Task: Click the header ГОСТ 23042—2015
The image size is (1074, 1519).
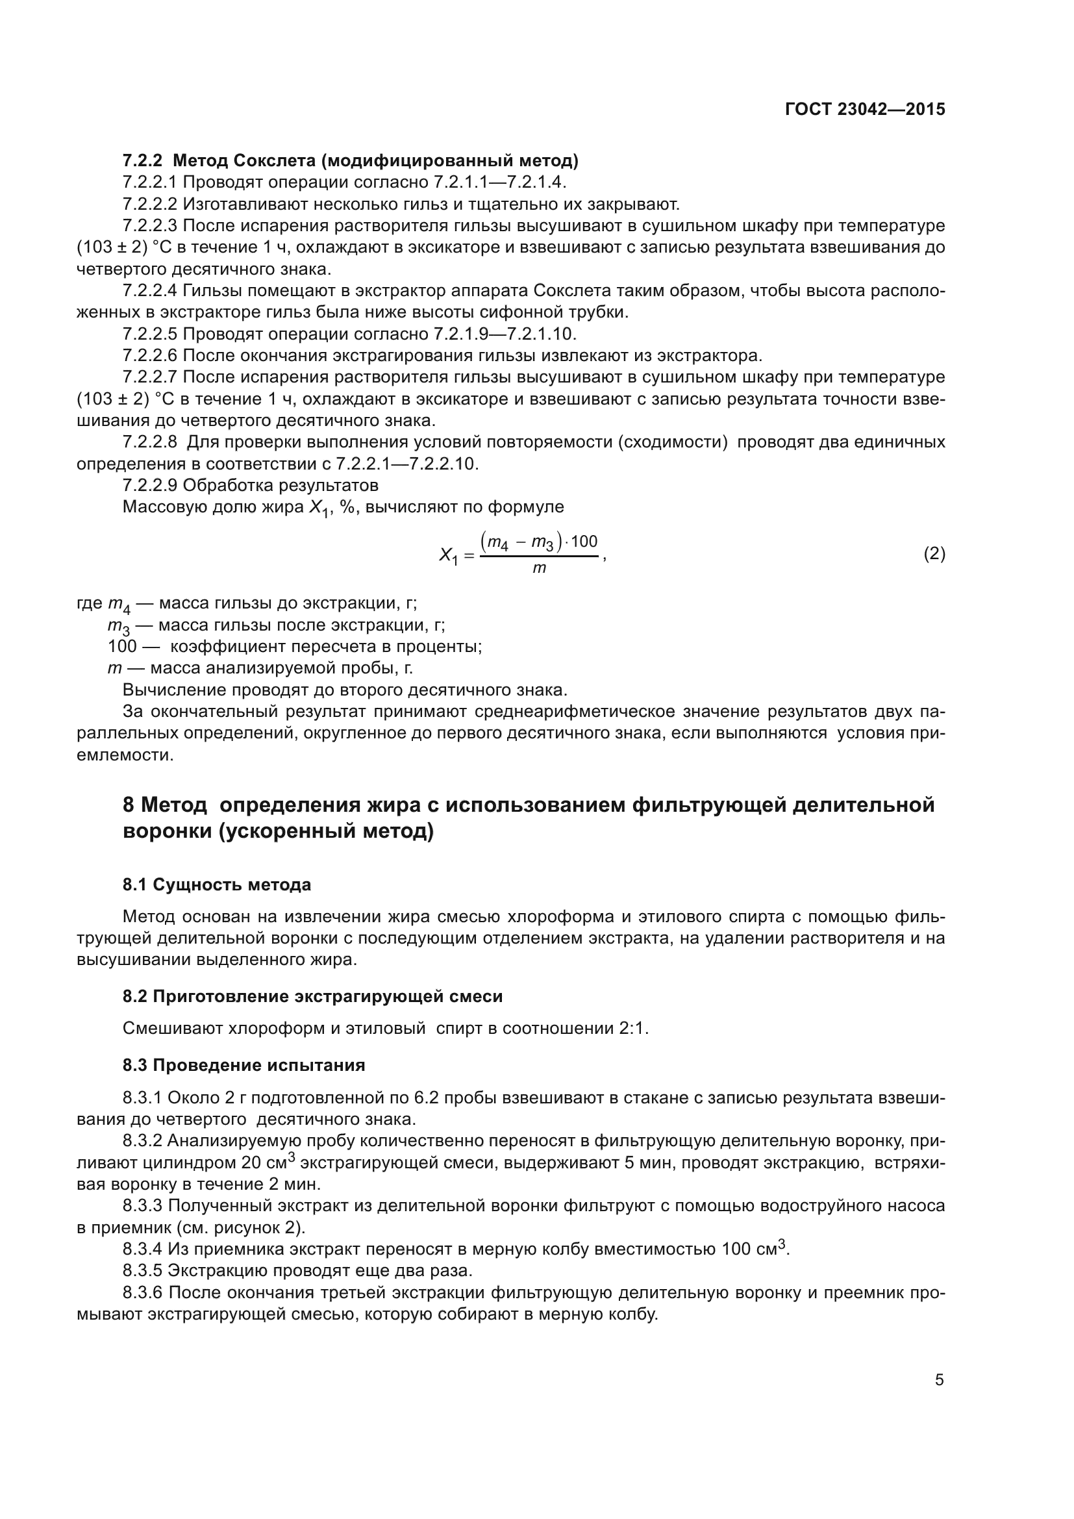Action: (x=864, y=109)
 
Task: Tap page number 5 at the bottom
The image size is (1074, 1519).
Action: (x=939, y=1379)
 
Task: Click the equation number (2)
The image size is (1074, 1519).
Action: (x=934, y=554)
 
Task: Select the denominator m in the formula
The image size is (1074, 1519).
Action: (x=539, y=568)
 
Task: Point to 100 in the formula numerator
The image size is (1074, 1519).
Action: (x=584, y=542)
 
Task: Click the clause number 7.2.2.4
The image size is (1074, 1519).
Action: (x=149, y=290)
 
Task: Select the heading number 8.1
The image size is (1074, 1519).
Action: (x=136, y=885)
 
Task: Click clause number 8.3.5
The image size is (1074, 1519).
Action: (x=142, y=1270)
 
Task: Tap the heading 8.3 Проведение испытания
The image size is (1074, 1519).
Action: (x=244, y=1065)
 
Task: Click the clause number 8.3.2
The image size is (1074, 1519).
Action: (x=142, y=1140)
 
